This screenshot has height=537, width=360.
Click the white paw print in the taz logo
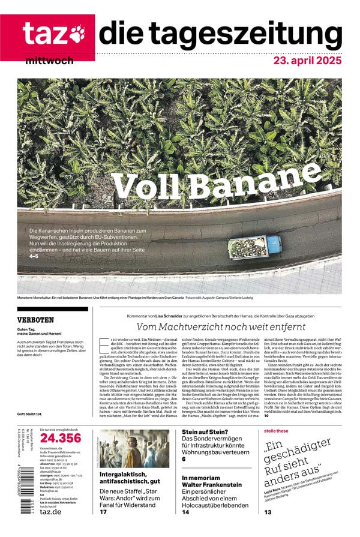[77, 35]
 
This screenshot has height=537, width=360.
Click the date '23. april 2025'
[307, 61]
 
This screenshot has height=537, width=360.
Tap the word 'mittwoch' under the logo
[50, 61]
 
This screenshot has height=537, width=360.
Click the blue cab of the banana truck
[273, 244]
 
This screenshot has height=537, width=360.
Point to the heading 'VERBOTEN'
[35, 320]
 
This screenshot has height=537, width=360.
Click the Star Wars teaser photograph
[134, 449]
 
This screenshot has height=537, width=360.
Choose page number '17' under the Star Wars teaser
[104, 512]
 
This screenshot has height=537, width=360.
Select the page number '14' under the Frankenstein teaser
[186, 512]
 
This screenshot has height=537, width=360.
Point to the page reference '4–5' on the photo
[34, 256]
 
